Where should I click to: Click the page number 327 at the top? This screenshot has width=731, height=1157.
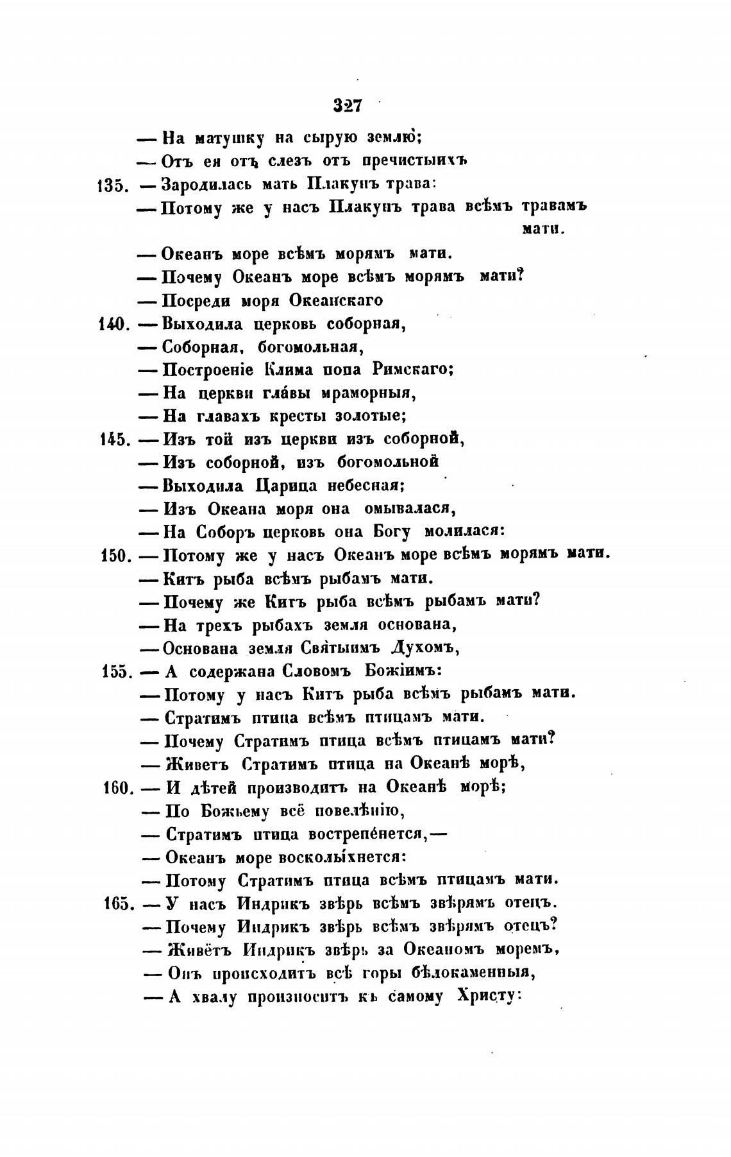click(x=348, y=105)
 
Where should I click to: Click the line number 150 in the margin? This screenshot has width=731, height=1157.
click(x=116, y=556)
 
